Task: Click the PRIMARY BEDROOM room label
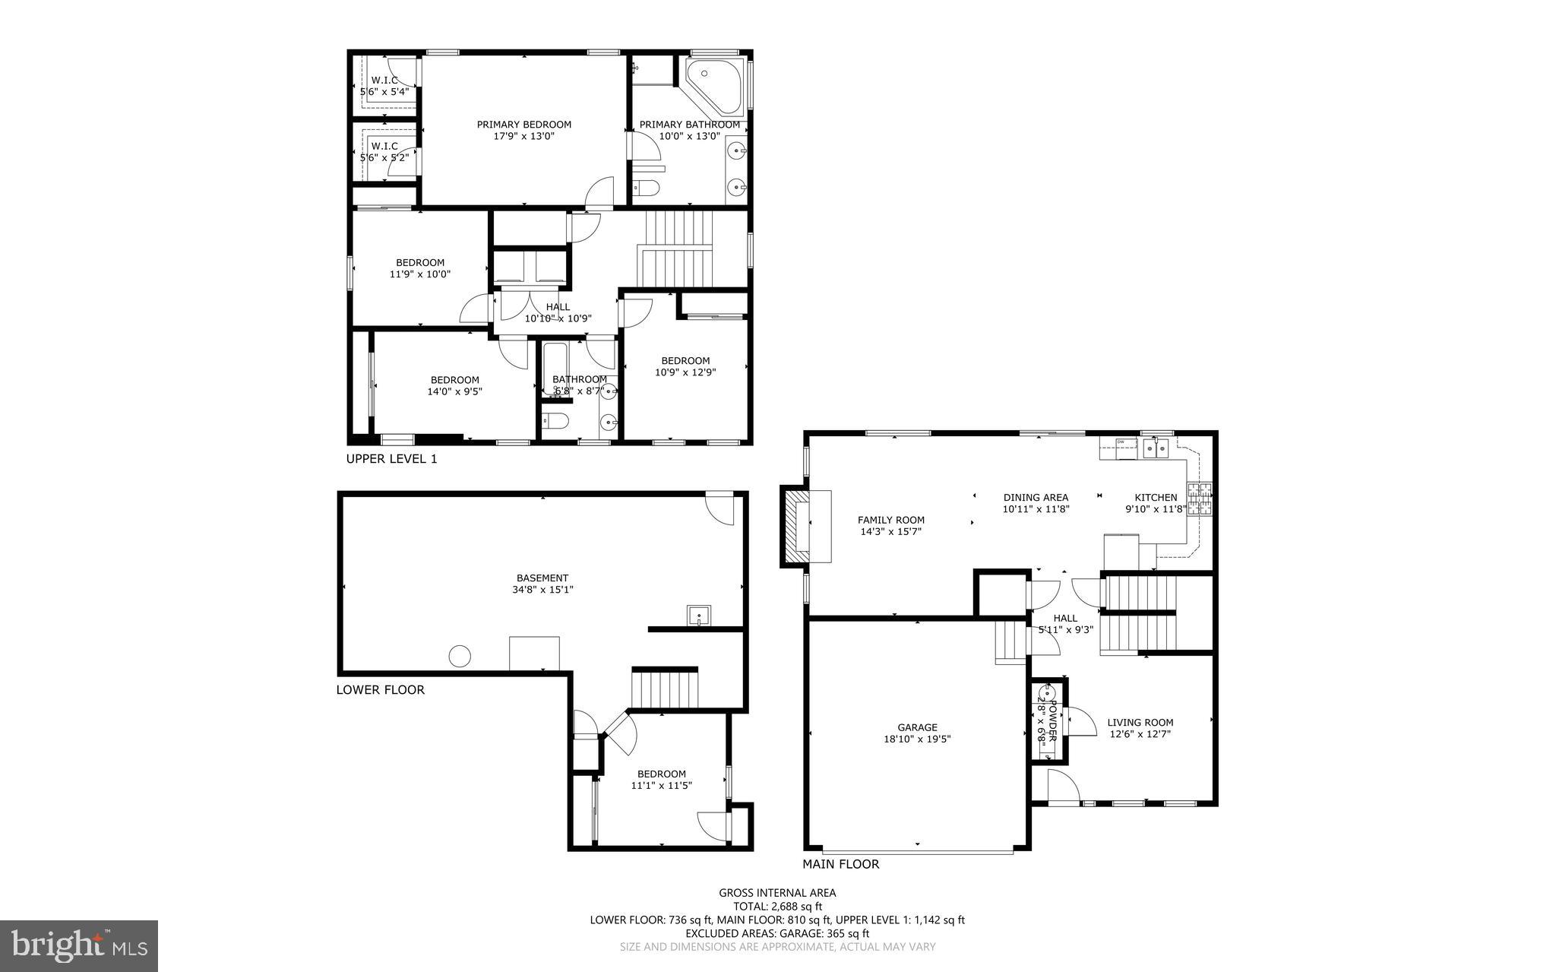click(x=523, y=125)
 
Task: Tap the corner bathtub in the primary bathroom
click(x=712, y=84)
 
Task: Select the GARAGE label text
click(x=917, y=727)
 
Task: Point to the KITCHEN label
click(x=1156, y=498)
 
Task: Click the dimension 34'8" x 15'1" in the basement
click(x=542, y=589)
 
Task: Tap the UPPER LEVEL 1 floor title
click(x=391, y=459)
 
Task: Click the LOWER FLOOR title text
click(x=380, y=690)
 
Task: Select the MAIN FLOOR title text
click(x=841, y=864)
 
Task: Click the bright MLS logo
click(x=79, y=945)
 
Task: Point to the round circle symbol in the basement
click(x=459, y=656)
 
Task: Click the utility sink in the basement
click(x=698, y=615)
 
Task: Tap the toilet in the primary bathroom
click(x=647, y=188)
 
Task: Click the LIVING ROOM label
click(x=1140, y=723)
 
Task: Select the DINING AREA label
click(x=1036, y=498)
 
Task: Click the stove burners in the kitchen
click(x=1200, y=499)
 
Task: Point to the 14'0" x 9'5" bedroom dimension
click(x=454, y=392)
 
